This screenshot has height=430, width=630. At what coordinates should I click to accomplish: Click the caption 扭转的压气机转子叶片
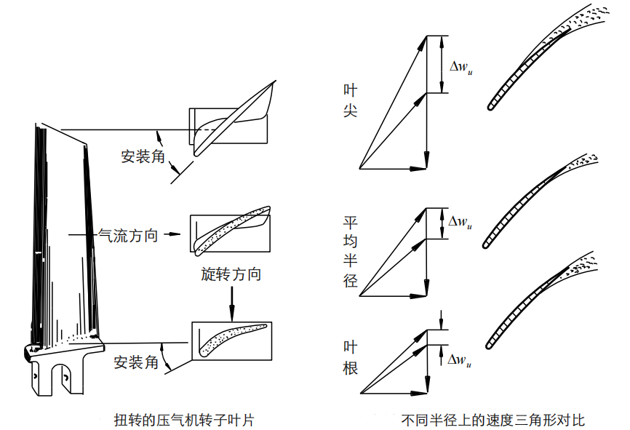tap(183, 420)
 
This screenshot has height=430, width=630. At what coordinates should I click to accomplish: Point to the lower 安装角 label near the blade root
tap(136, 362)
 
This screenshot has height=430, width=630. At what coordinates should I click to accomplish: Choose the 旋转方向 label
tap(231, 274)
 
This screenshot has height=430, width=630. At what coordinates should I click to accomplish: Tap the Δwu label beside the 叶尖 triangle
tap(461, 67)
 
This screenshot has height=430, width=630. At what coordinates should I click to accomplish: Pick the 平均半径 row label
tap(351, 250)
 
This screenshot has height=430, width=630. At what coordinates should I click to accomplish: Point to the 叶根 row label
tap(351, 357)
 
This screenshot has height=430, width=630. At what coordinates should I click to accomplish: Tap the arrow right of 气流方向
tap(171, 235)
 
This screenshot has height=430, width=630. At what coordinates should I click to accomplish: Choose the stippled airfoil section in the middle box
tap(229, 231)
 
